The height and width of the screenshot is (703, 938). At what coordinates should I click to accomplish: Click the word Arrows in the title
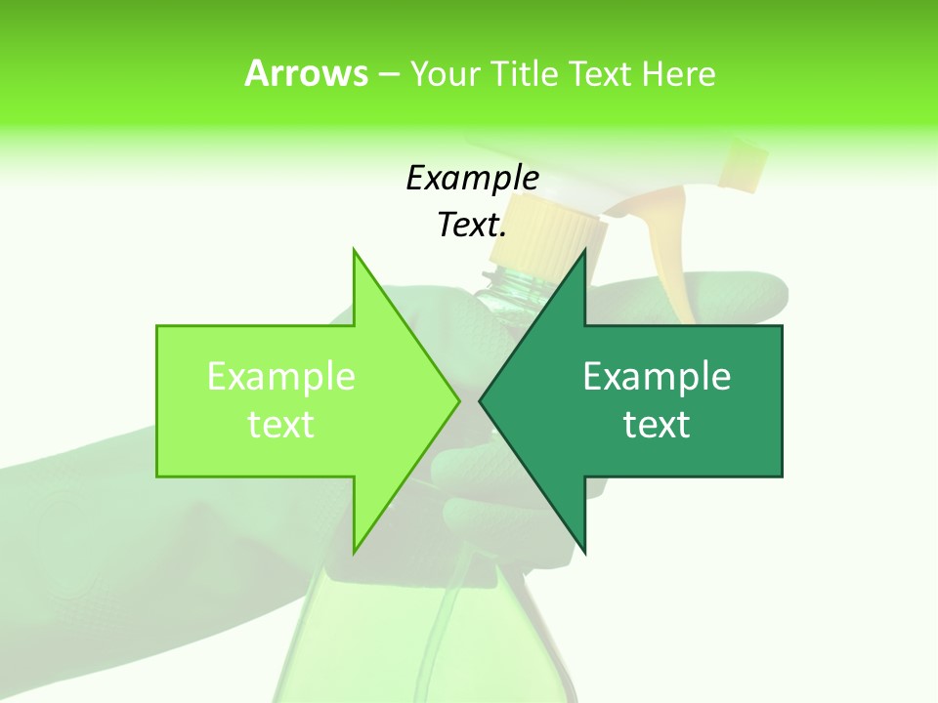(307, 73)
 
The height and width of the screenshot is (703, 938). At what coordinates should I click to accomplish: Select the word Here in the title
(678, 74)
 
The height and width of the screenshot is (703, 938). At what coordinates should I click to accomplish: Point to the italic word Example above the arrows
(472, 179)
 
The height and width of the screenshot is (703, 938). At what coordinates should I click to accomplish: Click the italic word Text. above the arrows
(472, 226)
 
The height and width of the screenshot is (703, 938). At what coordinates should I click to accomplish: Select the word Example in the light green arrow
(280, 376)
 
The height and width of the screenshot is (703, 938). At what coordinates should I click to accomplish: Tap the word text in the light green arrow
(280, 425)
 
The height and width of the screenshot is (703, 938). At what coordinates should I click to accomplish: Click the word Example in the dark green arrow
(657, 376)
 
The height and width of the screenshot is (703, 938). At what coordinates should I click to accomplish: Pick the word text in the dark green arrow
(657, 425)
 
